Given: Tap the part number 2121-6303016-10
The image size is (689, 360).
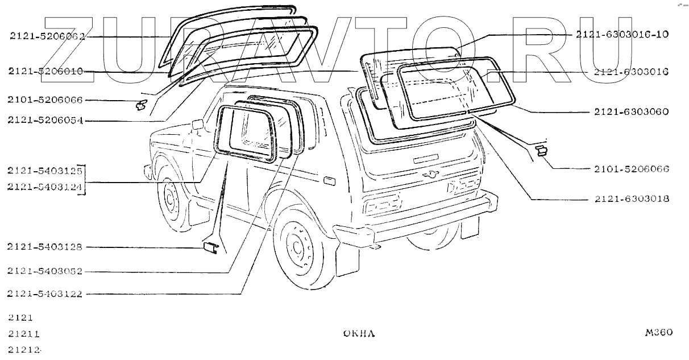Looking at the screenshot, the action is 622,34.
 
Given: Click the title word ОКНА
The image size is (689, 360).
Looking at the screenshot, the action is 359,334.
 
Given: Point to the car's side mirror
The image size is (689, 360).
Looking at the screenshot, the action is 198,125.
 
